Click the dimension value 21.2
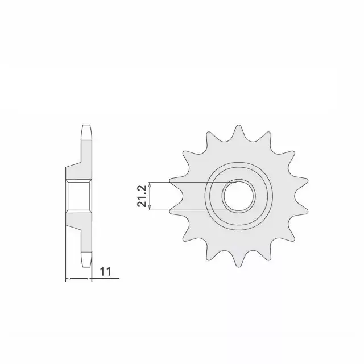click(x=142, y=196)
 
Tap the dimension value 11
click(x=105, y=271)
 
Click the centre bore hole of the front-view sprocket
click(x=239, y=196)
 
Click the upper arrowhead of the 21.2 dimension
click(x=150, y=184)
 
